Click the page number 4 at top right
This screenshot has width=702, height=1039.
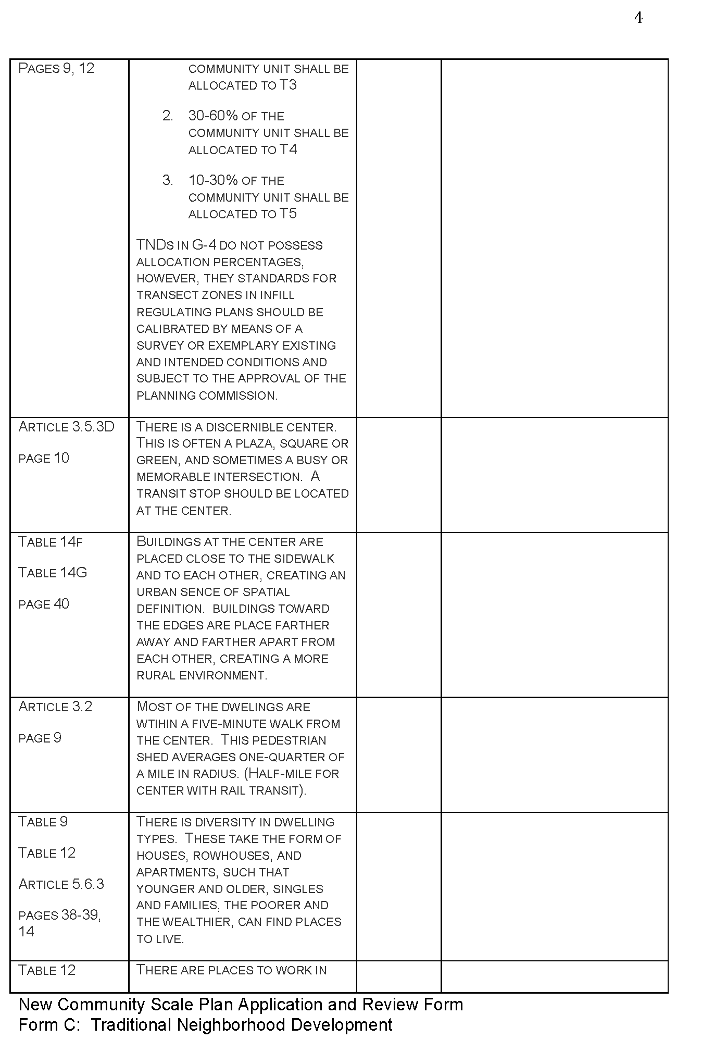pyautogui.click(x=638, y=19)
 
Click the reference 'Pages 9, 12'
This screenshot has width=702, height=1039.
pyautogui.click(x=56, y=68)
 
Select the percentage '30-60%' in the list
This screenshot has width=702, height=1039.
pyautogui.click(x=213, y=116)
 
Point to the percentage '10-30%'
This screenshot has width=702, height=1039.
pyautogui.click(x=213, y=180)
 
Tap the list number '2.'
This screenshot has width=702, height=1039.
pyautogui.click(x=168, y=116)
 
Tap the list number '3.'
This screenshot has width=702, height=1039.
pyautogui.click(x=168, y=180)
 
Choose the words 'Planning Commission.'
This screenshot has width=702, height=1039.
pyautogui.click(x=207, y=395)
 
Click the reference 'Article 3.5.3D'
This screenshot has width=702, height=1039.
pyautogui.click(x=66, y=427)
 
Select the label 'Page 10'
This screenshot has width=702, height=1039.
pyautogui.click(x=44, y=458)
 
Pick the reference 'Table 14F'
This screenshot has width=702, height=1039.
pyautogui.click(x=51, y=542)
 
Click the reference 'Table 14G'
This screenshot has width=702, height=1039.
pyautogui.click(x=53, y=573)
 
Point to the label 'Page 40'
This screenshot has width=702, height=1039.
pyautogui.click(x=44, y=604)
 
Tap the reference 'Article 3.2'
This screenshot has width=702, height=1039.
pyautogui.click(x=55, y=707)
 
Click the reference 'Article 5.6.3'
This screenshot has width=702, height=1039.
pyautogui.click(x=61, y=884)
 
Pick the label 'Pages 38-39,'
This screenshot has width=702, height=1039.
pyautogui.click(x=59, y=915)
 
